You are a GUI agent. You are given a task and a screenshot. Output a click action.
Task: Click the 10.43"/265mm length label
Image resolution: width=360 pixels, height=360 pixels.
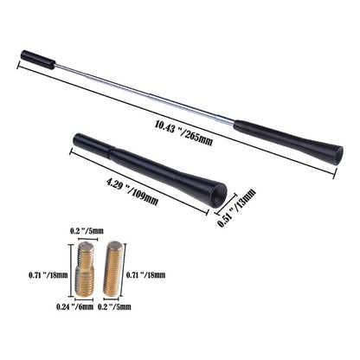pyautogui.click(x=183, y=133)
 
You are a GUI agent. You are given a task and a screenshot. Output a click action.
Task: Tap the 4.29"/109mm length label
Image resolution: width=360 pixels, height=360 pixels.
pyautogui.click(x=132, y=192)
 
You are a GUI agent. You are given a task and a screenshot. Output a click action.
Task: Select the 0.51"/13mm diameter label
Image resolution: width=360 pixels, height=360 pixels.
pyautogui.click(x=237, y=208)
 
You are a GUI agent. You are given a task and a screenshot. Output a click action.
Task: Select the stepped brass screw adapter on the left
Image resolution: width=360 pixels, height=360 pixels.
pyautogui.click(x=85, y=269)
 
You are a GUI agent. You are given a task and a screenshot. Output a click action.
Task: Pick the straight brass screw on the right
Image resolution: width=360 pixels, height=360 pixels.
pyautogui.click(x=113, y=269)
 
